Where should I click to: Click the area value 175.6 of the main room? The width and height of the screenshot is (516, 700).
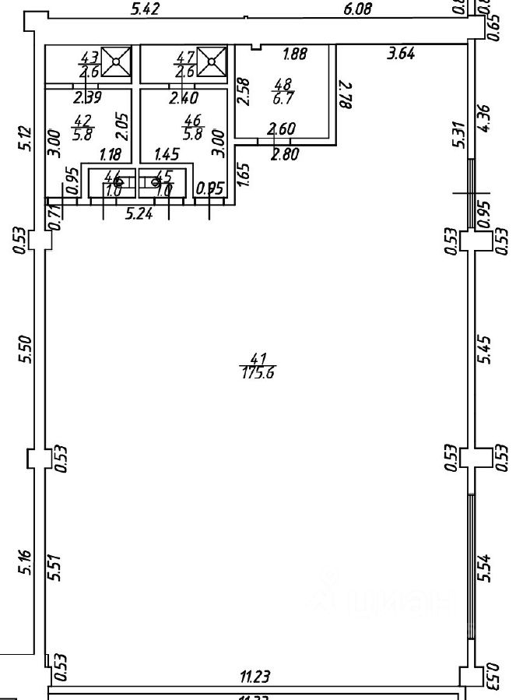[260, 372]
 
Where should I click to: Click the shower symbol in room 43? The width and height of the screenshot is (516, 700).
[118, 62]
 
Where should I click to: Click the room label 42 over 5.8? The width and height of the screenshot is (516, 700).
[82, 125]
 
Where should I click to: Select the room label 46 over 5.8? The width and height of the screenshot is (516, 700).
[191, 125]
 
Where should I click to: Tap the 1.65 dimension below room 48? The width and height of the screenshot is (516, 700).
[244, 172]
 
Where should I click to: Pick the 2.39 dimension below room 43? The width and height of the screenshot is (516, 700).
[86, 98]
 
